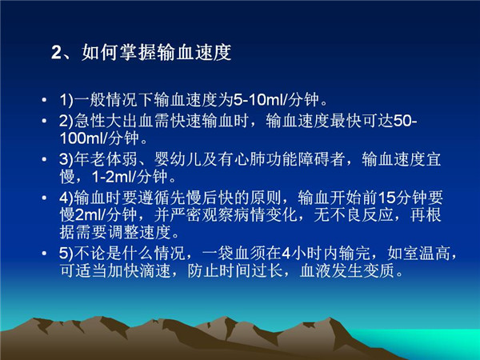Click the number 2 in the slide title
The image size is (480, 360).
tap(57, 53)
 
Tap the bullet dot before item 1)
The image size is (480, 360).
tap(44, 100)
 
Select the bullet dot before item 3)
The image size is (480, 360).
tap(44, 159)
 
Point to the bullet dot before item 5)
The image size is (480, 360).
tap(44, 254)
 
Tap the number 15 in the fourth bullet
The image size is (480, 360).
tap(386, 198)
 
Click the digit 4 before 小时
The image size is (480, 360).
tap(286, 254)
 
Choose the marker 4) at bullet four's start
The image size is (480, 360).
tap(66, 198)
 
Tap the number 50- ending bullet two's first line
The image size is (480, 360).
tap(405, 122)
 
